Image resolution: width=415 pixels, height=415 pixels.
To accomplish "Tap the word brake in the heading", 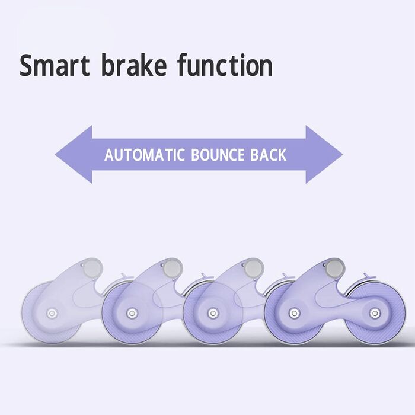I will click(135, 66).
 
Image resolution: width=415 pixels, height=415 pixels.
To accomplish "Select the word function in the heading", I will click(225, 66).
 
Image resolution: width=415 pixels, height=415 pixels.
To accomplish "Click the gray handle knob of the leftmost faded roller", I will click(93, 268).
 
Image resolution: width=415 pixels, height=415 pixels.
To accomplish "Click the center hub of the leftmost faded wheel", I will click(52, 312).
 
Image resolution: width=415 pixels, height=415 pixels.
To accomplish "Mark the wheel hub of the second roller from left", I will click(132, 312).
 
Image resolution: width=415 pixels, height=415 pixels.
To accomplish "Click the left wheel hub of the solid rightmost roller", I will click(293, 312).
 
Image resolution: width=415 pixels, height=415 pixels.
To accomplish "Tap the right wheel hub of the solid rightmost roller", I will click(373, 312).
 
